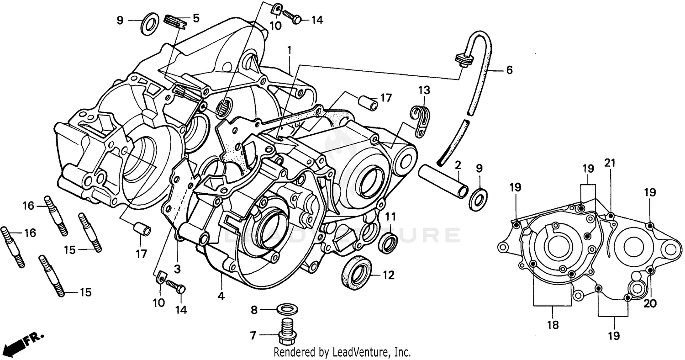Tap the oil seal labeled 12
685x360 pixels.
[357, 272]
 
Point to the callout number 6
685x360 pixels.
[509, 70]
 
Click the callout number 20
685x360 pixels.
[650, 304]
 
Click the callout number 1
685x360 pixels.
[289, 49]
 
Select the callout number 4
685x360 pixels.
[221, 296]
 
